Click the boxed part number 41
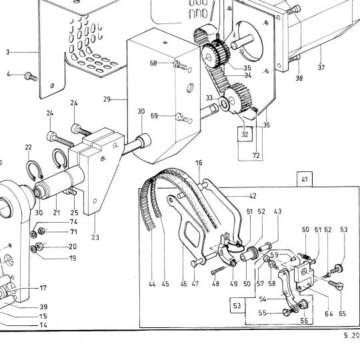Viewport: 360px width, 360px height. tap(305, 179)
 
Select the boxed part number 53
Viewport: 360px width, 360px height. tap(237, 305)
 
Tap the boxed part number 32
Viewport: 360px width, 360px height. tap(245, 134)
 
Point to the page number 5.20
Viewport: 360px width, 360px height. tap(351, 335)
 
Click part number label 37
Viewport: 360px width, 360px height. tap(321, 67)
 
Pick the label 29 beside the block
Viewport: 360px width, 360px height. tap(107, 99)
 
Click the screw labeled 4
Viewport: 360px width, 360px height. tap(31, 77)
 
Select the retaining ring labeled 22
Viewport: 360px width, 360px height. tap(35, 170)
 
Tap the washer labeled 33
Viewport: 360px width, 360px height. tap(224, 103)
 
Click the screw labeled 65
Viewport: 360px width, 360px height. tap(336, 285)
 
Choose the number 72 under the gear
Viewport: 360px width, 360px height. tap(256, 155)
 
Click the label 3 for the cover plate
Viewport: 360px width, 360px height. tap(8, 52)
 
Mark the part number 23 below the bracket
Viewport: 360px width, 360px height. tap(95, 237)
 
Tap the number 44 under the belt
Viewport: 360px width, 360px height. tap(152, 284)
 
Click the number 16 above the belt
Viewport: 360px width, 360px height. tap(199, 163)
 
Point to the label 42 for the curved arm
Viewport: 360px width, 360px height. tap(253, 196)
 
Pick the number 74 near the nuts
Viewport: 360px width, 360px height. tap(73, 222)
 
